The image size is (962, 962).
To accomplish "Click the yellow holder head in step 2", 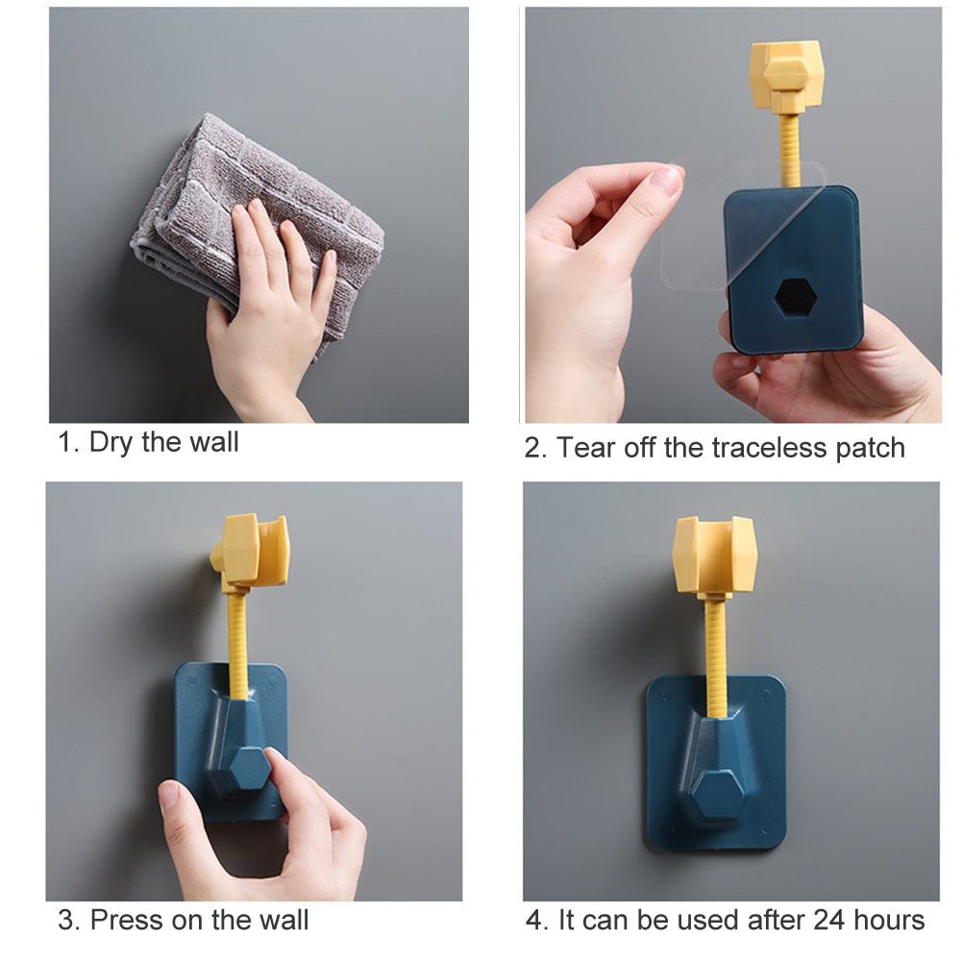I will pos(786,75).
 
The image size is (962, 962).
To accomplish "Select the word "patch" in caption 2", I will pos(869,448).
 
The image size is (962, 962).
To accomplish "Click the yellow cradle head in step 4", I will pos(715,554).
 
